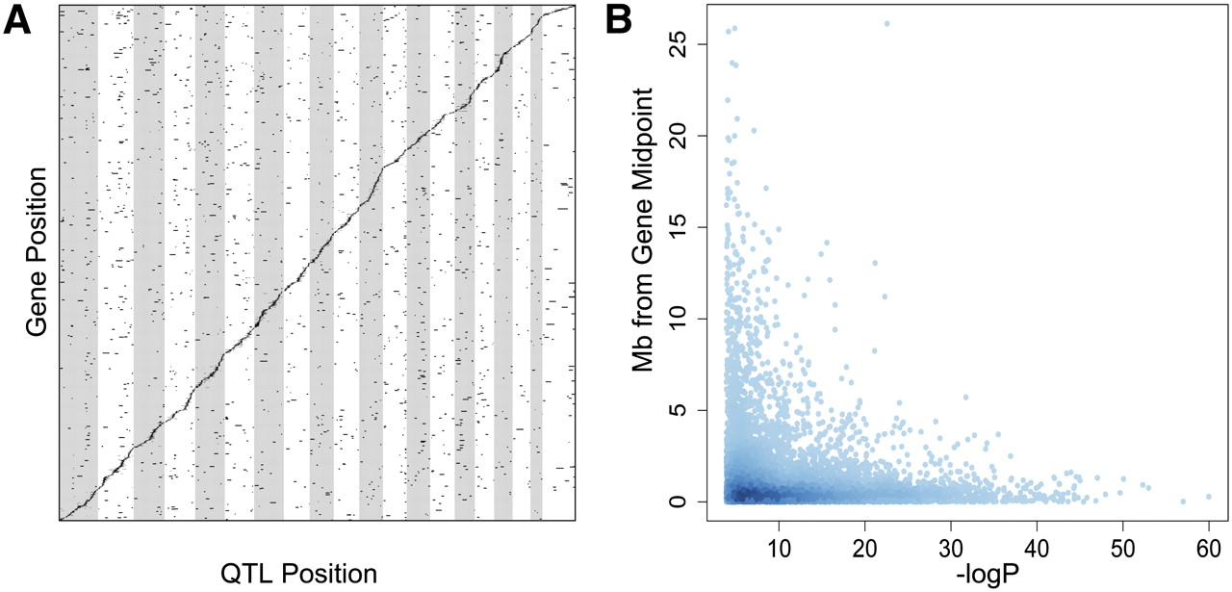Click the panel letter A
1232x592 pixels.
pos(22,21)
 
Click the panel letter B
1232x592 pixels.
pos(634,21)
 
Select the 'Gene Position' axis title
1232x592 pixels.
pos(37,252)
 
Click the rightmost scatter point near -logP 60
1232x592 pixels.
pos(1209,497)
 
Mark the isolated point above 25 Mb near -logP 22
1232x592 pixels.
pos(886,23)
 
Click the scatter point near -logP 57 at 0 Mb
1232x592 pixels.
pos(1183,501)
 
